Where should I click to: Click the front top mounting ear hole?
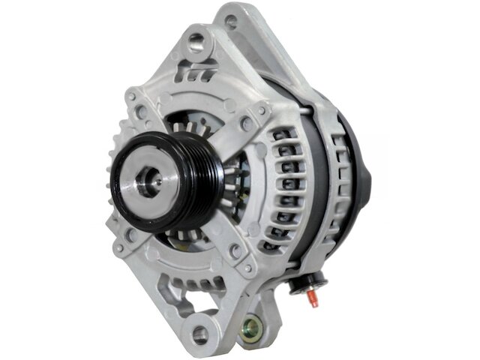tap(196, 40)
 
